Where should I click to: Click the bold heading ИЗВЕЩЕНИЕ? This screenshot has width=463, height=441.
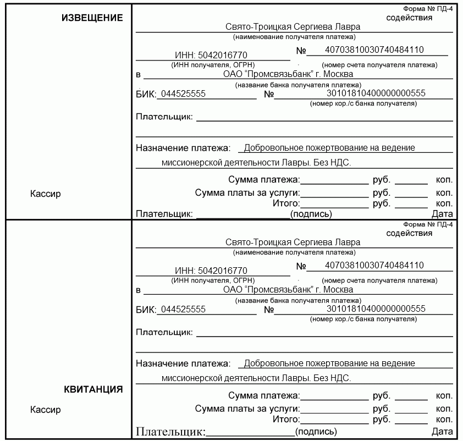pyautogui.click(x=92, y=18)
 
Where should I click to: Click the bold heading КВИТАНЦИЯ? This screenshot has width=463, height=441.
pyautogui.click(x=93, y=390)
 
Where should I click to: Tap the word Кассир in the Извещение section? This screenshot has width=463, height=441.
pyautogui.click(x=46, y=194)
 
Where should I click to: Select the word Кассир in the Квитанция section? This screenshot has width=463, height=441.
pyautogui.click(x=46, y=410)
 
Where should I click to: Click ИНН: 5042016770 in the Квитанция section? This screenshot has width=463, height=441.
pyautogui.click(x=211, y=271)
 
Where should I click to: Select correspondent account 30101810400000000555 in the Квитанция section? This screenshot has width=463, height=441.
pyautogui.click(x=376, y=308)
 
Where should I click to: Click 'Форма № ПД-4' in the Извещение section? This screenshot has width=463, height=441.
pyautogui.click(x=428, y=9)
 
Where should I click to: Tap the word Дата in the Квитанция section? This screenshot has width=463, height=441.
pyautogui.click(x=442, y=432)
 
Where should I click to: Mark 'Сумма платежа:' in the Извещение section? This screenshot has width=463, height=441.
pyautogui.click(x=264, y=180)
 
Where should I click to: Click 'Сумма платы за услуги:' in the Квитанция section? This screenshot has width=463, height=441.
pyautogui.click(x=247, y=409)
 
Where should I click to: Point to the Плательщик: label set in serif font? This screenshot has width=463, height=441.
pyautogui.click(x=170, y=432)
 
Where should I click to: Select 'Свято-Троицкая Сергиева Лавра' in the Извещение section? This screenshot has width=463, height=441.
pyautogui.click(x=293, y=26)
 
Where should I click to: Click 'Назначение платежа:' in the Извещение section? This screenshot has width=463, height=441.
pyautogui.click(x=183, y=148)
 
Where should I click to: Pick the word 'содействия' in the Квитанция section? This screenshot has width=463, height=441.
pyautogui.click(x=409, y=233)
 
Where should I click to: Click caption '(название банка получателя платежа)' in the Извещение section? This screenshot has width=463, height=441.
pyautogui.click(x=293, y=85)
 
